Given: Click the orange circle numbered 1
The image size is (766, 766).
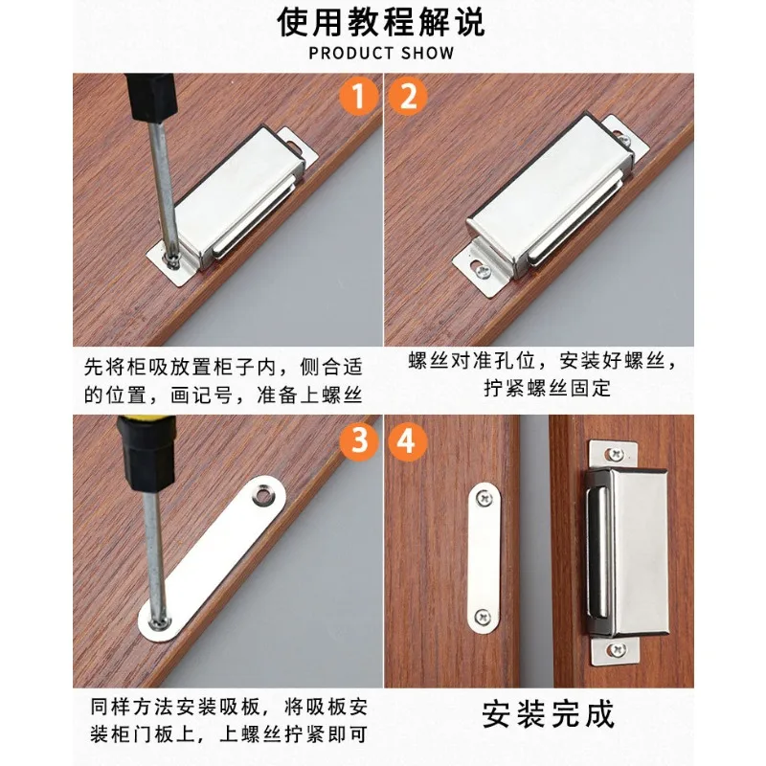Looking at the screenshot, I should [x=357, y=98].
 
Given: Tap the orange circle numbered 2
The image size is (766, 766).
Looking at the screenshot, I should [x=409, y=98].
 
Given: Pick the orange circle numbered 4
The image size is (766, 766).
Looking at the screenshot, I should [x=409, y=441].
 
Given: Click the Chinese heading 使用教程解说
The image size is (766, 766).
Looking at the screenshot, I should [x=381, y=21].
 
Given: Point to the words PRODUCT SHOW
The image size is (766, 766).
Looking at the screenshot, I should [x=381, y=53].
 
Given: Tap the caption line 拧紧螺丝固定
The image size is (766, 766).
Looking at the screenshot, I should [x=547, y=389].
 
